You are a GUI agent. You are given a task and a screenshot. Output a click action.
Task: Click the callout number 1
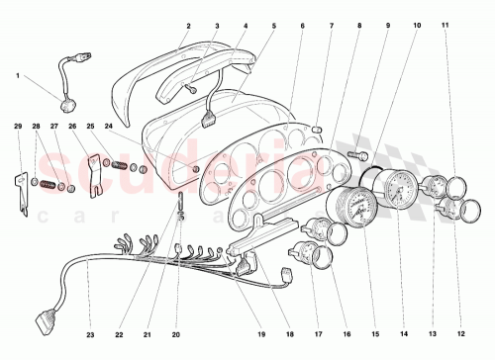point(17,75)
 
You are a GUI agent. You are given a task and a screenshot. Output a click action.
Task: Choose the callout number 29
point(18,127)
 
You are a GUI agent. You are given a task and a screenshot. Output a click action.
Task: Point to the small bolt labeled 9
point(362,154)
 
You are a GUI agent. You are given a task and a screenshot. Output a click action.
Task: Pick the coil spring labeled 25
point(121,163)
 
